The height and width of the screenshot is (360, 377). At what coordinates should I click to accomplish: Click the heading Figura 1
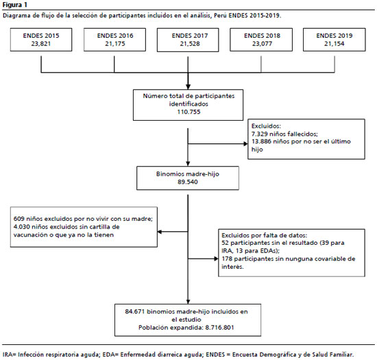14,5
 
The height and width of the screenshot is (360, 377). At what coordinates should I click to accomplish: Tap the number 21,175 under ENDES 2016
115,44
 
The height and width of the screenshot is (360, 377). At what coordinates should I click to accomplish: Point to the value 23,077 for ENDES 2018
262,44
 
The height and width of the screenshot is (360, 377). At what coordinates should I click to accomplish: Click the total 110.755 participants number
188,112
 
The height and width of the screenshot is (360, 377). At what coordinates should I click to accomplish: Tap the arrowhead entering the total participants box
188,87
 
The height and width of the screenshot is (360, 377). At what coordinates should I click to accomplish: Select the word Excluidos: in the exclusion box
266,126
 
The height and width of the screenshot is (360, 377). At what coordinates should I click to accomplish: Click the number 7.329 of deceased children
259,134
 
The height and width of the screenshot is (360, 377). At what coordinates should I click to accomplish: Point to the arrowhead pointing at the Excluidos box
245,144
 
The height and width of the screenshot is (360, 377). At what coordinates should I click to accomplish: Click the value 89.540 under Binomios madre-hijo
188,182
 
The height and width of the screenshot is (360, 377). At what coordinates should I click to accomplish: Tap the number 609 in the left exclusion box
19,219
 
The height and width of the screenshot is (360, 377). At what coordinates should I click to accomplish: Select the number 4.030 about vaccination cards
22,227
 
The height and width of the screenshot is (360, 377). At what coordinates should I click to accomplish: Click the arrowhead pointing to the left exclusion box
160,232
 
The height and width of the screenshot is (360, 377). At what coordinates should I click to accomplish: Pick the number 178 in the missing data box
227,259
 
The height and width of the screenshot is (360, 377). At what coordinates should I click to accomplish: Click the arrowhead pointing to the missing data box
216,259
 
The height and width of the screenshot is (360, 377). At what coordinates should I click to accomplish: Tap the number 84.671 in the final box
135,312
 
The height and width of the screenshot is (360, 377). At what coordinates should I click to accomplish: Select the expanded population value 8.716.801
219,328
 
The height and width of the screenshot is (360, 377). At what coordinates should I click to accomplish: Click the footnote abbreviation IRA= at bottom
10,355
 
